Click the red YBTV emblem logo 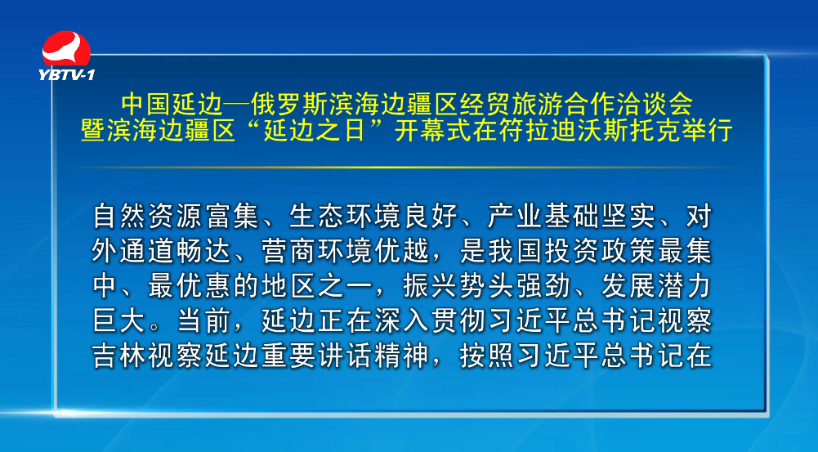click(x=66, y=48)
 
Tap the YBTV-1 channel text click(x=66, y=75)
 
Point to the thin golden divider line click(x=405, y=168)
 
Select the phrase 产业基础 click(x=543, y=216)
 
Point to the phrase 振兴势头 click(x=458, y=286)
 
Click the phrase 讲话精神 click(x=374, y=356)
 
